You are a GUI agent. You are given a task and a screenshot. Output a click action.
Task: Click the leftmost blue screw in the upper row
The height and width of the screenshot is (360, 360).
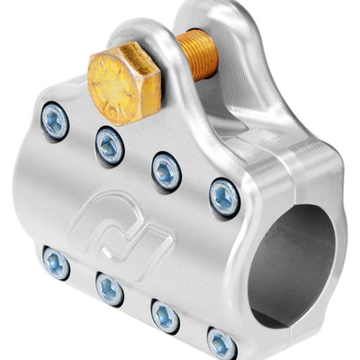pos(55,121)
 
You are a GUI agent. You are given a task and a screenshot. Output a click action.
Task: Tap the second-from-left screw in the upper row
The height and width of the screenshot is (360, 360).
pos(110,144)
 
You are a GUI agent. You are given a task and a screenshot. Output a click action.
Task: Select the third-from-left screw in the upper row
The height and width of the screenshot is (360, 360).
pos(166,169)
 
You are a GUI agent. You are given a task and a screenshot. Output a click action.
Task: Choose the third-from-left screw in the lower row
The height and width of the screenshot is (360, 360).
pos(165,315)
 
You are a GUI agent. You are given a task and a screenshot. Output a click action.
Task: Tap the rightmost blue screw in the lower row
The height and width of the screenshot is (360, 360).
pos(221,342)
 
